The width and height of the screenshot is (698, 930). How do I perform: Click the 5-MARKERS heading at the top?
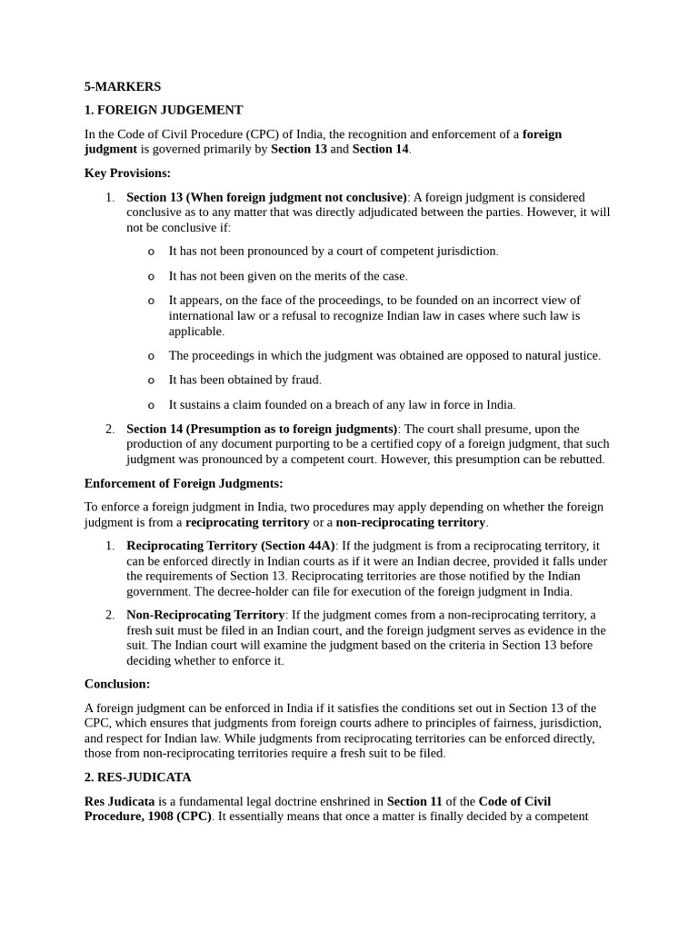pos(123,86)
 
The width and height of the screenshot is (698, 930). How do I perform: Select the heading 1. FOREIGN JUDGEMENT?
pos(164,110)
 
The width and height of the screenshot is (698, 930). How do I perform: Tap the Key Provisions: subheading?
pos(127,173)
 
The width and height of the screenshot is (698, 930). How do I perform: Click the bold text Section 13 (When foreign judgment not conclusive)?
pos(266,197)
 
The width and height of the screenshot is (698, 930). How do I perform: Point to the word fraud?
pos(305,380)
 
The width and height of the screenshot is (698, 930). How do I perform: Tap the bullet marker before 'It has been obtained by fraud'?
pos(151,381)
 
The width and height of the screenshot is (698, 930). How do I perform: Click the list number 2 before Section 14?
pos(109,429)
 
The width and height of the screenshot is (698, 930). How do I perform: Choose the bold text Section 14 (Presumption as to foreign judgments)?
pos(262,429)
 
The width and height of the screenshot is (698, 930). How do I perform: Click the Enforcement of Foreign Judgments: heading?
pos(184,483)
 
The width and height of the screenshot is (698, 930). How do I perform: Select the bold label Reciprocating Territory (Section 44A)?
pos(231,546)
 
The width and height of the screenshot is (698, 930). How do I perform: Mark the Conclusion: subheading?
pos(117,684)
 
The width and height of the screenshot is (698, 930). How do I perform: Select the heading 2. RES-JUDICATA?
pos(138,777)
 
